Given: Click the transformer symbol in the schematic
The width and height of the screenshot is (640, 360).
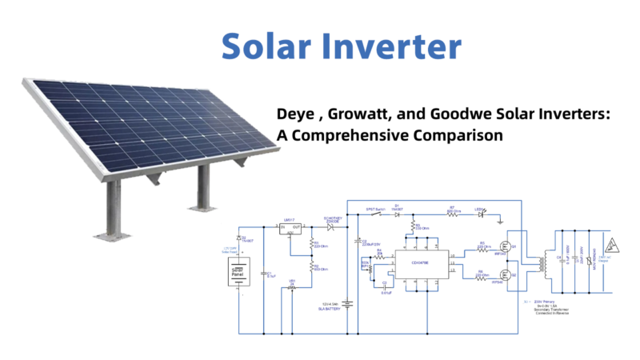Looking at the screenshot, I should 546,262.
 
